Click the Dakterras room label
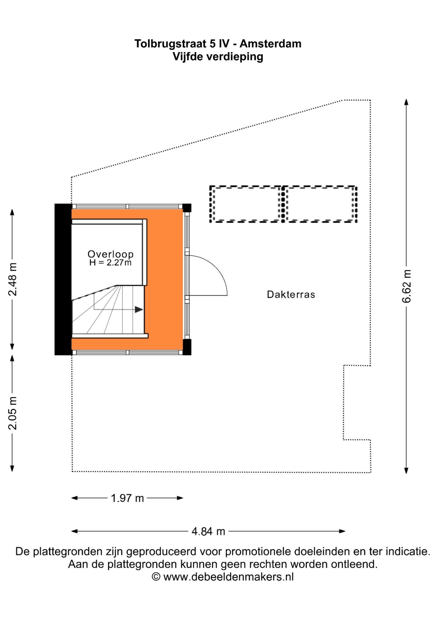pyautogui.click(x=291, y=294)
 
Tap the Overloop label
pyautogui.click(x=111, y=254)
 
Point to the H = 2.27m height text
pyautogui.click(x=111, y=263)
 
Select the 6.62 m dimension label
pyautogui.click(x=407, y=286)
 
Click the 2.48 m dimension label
pyautogui.click(x=13, y=279)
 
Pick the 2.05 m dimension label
pyautogui.click(x=13, y=413)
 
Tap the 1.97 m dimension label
pyautogui.click(x=127, y=498)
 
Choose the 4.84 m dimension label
pyautogui.click(x=208, y=531)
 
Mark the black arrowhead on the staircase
pyautogui.click(x=139, y=309)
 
